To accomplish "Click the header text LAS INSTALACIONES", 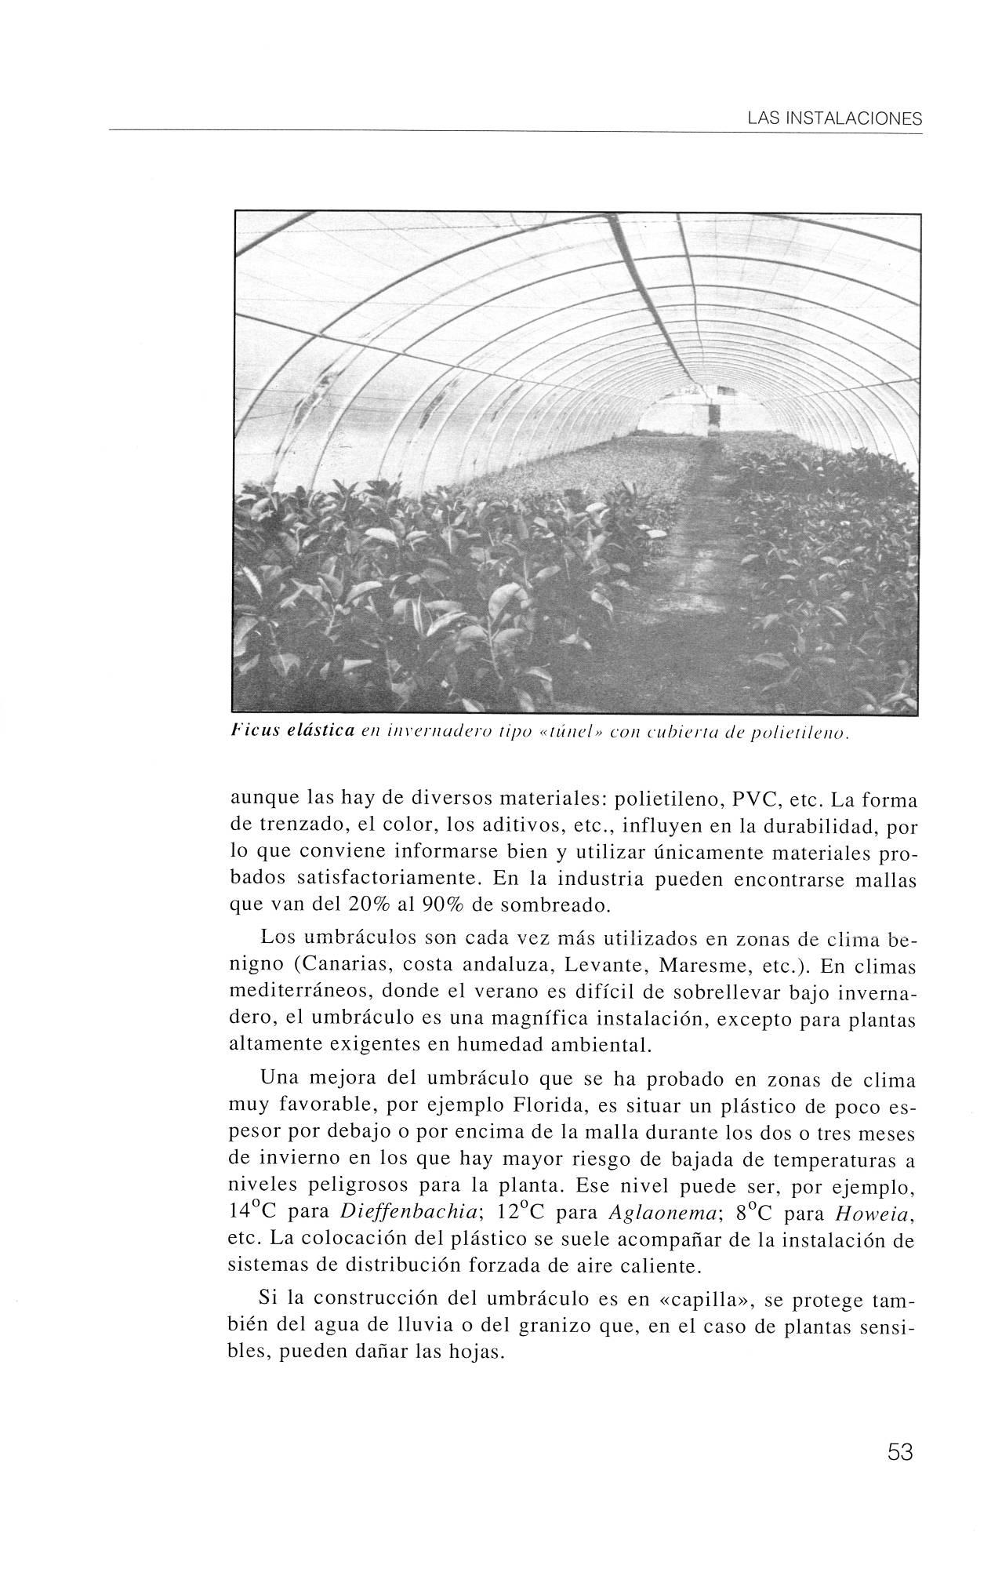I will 834,119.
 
